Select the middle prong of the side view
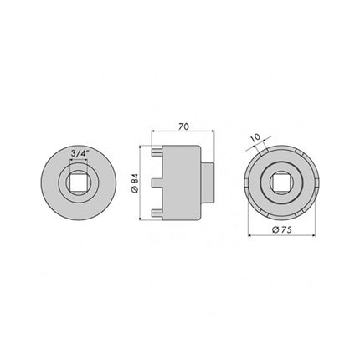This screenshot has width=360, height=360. (157, 183)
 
